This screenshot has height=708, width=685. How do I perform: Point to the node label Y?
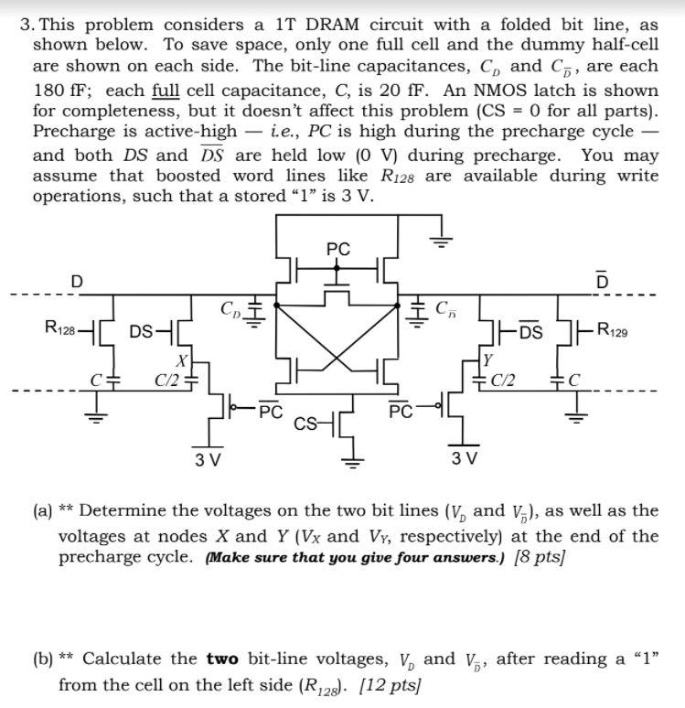(x=488, y=359)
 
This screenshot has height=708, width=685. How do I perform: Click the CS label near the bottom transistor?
(x=306, y=423)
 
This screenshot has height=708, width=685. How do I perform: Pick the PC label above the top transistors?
(x=337, y=249)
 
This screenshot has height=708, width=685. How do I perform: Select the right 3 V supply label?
(x=465, y=457)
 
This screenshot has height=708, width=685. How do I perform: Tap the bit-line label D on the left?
(x=77, y=281)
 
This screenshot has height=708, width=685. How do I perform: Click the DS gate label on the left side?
(x=142, y=331)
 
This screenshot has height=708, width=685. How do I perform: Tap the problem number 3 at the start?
(x=26, y=25)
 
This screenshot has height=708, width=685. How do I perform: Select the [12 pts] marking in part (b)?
(x=375, y=684)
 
